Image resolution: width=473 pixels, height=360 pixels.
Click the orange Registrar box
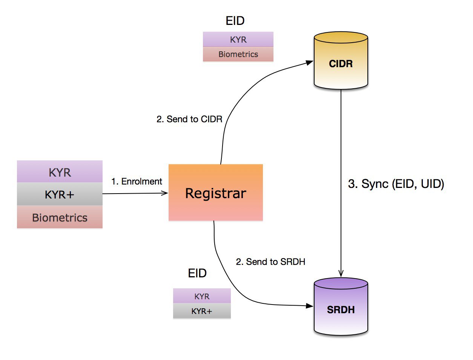tap(215, 193)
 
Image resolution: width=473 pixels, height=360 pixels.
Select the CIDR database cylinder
tap(341, 62)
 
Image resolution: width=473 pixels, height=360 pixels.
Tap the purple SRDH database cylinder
tap(341, 308)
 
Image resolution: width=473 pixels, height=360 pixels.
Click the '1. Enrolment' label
tap(137, 182)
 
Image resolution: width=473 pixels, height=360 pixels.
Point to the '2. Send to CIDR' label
tap(189, 119)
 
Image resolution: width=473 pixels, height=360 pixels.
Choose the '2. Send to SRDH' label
tap(270, 262)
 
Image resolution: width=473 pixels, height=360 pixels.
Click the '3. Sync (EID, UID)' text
tap(396, 184)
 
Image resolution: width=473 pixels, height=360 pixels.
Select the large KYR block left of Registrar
tap(60, 172)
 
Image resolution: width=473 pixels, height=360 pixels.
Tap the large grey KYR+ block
tap(60, 194)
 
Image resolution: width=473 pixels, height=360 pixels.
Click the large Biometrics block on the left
tap(60, 217)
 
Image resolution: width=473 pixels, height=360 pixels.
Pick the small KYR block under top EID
tap(238, 39)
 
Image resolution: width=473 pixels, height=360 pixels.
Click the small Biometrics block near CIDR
tap(238, 54)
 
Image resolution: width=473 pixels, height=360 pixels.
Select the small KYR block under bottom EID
tap(202, 296)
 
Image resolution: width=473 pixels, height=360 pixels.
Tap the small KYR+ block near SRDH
tap(202, 311)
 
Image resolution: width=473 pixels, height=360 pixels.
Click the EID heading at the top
tap(235, 21)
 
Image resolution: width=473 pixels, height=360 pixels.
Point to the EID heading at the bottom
tap(197, 273)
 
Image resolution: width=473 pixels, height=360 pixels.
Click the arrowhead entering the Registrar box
tap(165, 193)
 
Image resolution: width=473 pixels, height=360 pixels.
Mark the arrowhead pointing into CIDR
tap(310, 62)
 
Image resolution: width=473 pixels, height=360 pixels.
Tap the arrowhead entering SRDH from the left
tap(310, 306)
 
